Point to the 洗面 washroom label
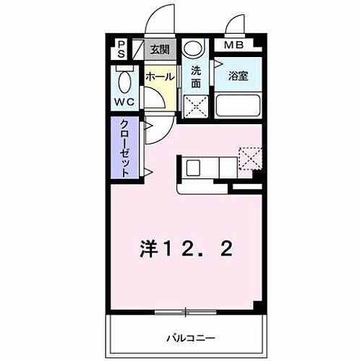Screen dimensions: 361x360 (195, 77)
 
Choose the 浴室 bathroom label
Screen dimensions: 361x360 (238, 76)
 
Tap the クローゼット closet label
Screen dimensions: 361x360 (125, 148)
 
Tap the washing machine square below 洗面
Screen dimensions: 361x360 (195, 105)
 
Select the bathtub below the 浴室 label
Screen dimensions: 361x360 (238, 105)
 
